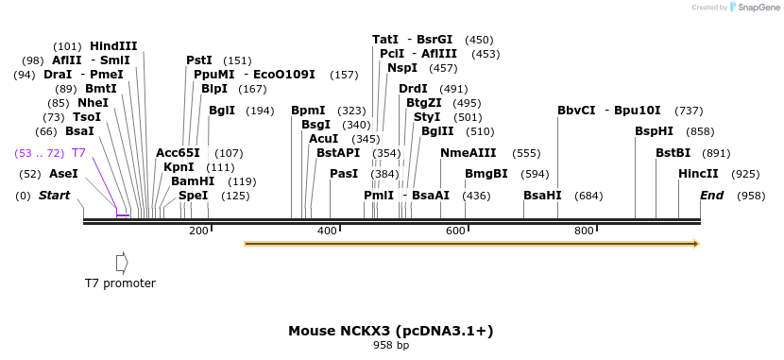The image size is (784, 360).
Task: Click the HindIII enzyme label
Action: [x=113, y=45]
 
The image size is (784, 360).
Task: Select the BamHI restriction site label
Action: [x=193, y=181]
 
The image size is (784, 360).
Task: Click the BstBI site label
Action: [x=675, y=152]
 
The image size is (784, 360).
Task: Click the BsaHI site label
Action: [x=542, y=196]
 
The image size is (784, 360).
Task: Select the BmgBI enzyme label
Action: [x=486, y=174]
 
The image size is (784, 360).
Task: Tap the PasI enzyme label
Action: [x=344, y=174]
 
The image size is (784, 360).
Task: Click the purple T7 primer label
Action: [x=79, y=152]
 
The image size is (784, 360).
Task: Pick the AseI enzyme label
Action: [x=63, y=174]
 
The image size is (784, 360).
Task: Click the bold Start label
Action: [x=54, y=196]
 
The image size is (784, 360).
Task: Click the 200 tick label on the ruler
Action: [x=198, y=231]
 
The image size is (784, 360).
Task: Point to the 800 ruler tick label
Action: [x=584, y=231]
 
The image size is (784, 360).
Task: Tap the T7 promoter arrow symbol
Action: [x=120, y=262]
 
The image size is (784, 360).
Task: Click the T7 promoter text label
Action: [x=120, y=283]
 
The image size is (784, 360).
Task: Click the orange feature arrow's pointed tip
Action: [x=697, y=244]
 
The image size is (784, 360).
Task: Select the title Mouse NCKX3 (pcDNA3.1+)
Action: [x=391, y=331]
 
